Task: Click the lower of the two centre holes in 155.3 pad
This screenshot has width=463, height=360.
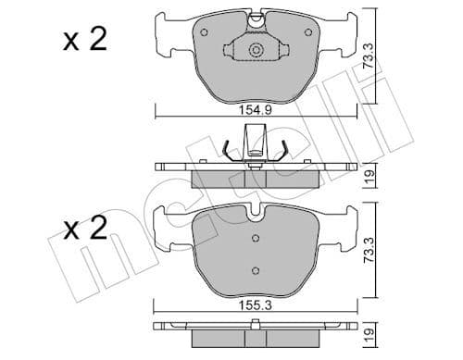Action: click(x=255, y=269)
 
